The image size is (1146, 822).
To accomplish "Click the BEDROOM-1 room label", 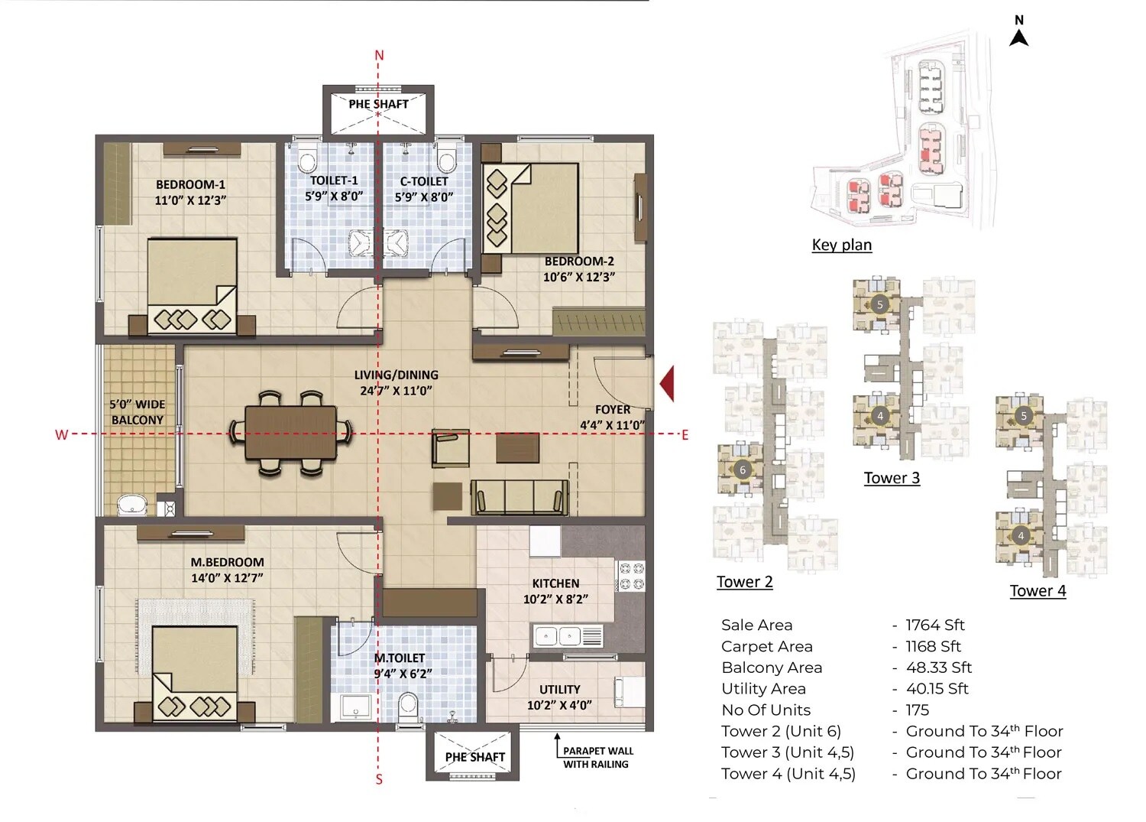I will tap(190, 184).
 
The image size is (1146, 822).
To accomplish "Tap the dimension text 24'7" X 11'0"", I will tap(396, 391).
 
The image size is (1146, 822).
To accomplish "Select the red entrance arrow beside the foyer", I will tap(667, 384).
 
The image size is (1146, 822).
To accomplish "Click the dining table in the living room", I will tap(290, 433).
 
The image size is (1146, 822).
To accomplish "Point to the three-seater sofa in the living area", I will tap(520, 498).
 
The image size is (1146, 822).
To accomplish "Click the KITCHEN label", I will tap(555, 583).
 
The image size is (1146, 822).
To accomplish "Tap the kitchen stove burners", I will tap(630, 576).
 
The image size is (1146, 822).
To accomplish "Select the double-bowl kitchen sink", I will tap(558, 635).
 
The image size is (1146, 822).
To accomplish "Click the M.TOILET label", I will tap(400, 658).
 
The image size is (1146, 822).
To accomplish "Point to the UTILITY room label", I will tap(559, 689).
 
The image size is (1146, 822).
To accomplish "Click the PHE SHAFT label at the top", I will tap(378, 104).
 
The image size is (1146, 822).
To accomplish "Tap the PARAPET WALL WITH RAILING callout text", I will tap(597, 757).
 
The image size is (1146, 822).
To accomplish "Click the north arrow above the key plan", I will tap(1018, 35).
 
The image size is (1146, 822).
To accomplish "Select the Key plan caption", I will tap(841, 245).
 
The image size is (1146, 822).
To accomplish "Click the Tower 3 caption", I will tap(892, 478).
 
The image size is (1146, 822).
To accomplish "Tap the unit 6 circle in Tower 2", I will tap(742, 469).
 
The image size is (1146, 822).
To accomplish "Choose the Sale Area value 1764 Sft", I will tap(934, 625).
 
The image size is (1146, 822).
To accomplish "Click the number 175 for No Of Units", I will tap(917, 710).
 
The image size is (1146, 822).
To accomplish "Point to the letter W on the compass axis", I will tap(61, 434).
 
